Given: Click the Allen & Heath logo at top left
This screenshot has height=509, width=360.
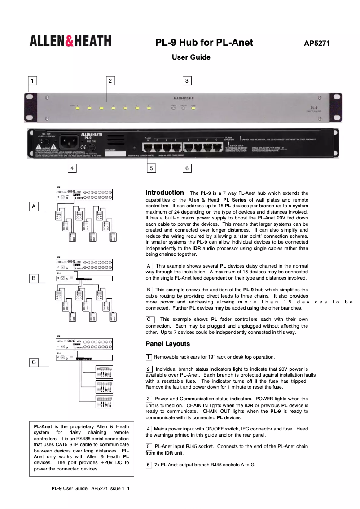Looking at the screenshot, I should click(x=70, y=41).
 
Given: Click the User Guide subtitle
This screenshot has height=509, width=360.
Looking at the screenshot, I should click(x=191, y=57).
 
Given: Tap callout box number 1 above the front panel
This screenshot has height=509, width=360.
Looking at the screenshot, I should click(x=32, y=81).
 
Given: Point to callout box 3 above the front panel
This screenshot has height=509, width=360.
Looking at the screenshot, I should click(x=188, y=81).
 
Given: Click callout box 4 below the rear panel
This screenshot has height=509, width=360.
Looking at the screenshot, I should click(x=71, y=168).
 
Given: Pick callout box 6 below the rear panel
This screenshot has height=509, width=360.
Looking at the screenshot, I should click(x=187, y=168).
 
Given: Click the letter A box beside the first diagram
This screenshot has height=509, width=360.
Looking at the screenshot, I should click(x=34, y=206).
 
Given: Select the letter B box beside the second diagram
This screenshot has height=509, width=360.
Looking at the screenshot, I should click(x=34, y=278).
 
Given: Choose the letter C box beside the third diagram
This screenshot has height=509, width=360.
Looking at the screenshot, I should click(x=34, y=362).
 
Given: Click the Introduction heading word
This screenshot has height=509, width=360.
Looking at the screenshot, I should click(x=165, y=193).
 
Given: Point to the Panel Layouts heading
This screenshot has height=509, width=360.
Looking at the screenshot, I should click(x=168, y=344).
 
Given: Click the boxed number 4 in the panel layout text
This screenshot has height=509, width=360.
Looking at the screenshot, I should click(x=149, y=429).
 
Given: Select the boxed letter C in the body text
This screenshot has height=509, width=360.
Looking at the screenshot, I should click(x=150, y=319).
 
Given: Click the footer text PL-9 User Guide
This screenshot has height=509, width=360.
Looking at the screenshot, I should click(x=69, y=488).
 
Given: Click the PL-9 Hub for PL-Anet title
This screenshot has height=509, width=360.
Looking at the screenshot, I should click(x=204, y=43).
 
